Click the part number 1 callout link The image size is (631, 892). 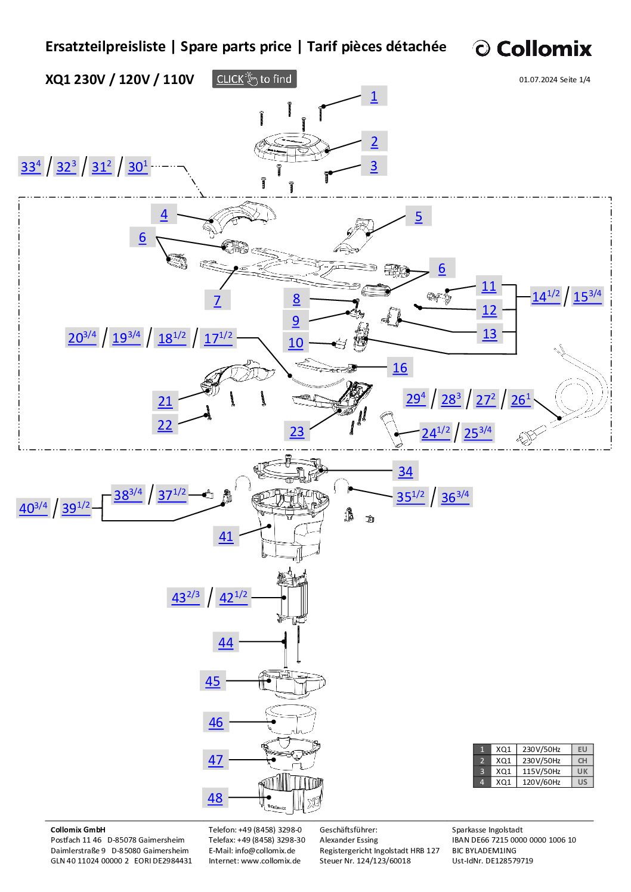pos(374,97)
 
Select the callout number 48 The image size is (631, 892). pos(215,798)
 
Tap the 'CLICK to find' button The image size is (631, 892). pos(254,79)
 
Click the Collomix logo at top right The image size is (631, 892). pos(532,48)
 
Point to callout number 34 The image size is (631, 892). pos(406,471)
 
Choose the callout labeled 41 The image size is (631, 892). pos(226,536)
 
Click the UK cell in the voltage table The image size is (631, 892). pos(582,771)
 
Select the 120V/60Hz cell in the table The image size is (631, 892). pos(541,782)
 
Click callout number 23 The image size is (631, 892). pos(297,431)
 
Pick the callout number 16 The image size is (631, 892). pos(400,368)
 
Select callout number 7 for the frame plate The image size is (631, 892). pos(217,301)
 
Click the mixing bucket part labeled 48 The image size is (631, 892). pos(291,795)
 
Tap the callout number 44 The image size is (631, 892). pos(225,642)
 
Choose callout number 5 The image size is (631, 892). pos(419,217)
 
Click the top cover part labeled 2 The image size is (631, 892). pos(292,147)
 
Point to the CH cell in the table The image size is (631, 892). pos(582,760)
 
